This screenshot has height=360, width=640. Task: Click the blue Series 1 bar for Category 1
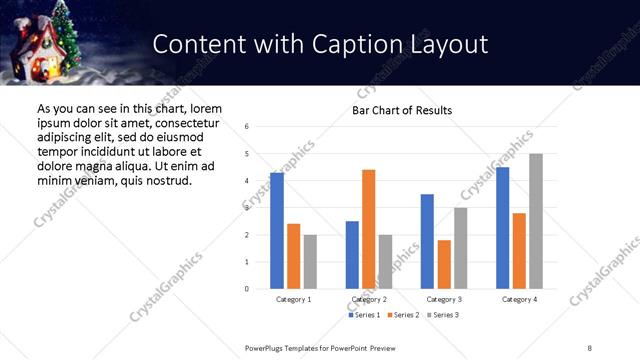(277, 231)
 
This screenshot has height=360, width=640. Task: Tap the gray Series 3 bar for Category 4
(536, 221)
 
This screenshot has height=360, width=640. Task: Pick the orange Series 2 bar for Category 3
(444, 264)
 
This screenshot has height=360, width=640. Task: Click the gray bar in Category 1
(310, 262)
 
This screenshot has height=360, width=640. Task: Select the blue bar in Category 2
(352, 255)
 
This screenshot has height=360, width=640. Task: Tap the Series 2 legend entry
(403, 315)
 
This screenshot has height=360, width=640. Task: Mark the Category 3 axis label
(444, 299)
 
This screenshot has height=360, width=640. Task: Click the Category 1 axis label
(293, 299)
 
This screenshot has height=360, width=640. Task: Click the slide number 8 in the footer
(590, 347)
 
